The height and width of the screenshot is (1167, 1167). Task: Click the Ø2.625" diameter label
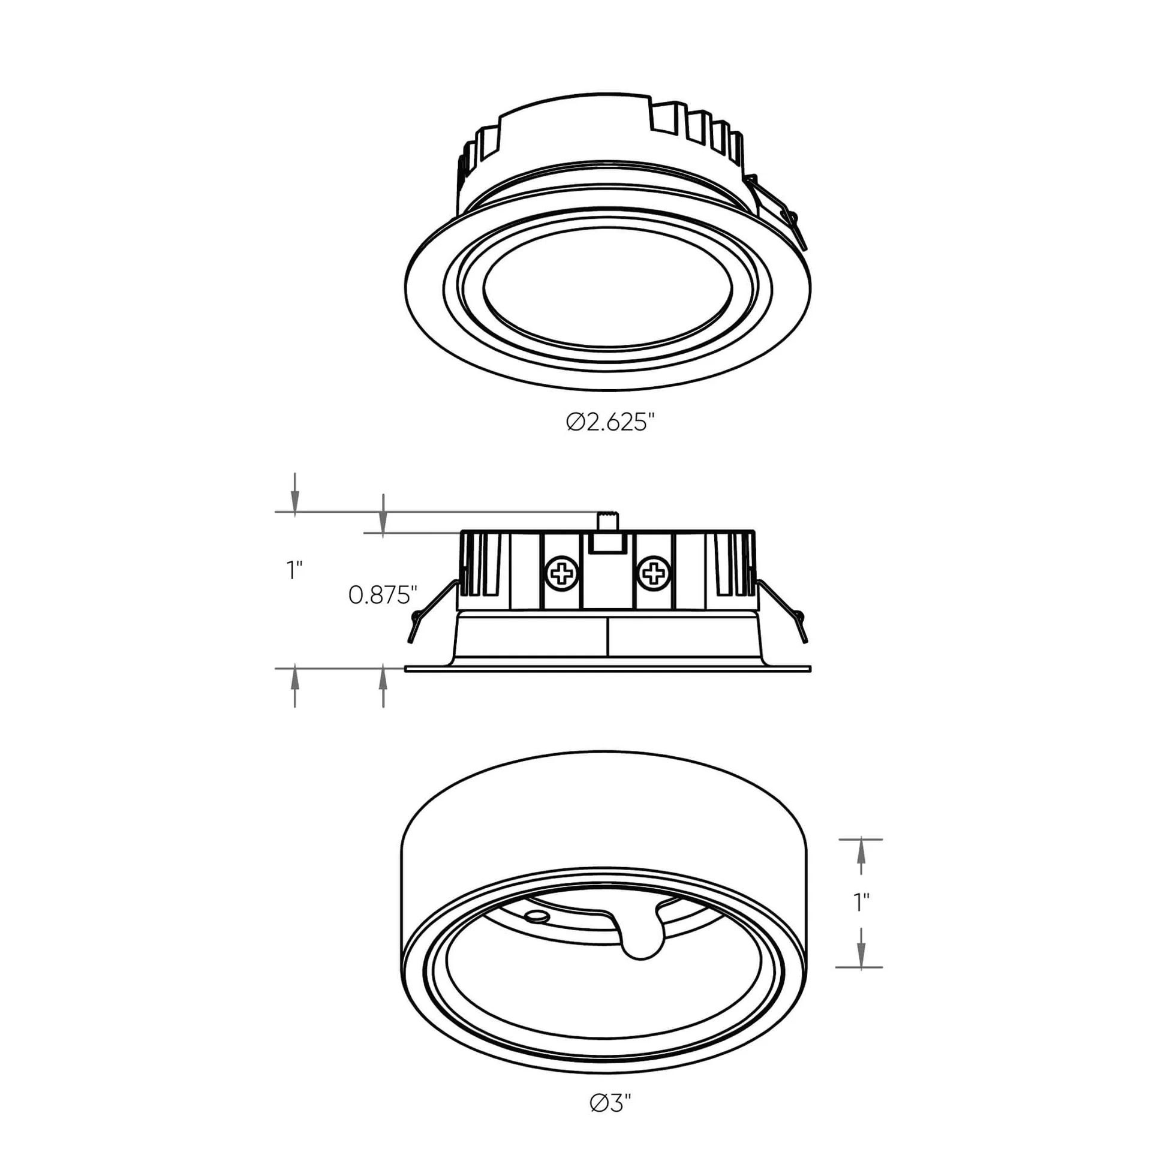[x=610, y=422]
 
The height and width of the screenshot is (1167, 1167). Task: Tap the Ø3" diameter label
[x=610, y=1120]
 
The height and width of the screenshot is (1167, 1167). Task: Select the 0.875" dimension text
[x=383, y=595]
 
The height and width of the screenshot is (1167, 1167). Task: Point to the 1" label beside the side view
[x=294, y=570]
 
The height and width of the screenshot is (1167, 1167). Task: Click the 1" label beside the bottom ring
[x=861, y=919]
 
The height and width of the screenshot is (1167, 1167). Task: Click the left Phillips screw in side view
[x=561, y=572]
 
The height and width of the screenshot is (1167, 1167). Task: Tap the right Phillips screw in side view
[x=654, y=572]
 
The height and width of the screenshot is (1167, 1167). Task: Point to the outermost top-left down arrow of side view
[x=295, y=499]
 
